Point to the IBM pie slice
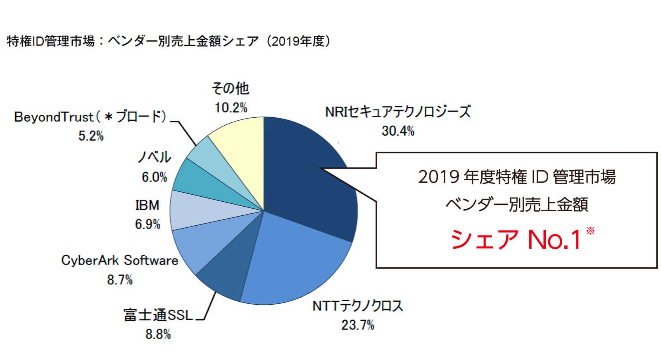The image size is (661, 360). click(194, 211)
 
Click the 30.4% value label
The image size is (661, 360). click(398, 131)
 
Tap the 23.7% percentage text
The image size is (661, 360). click(358, 325)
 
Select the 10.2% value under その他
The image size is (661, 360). click(231, 108)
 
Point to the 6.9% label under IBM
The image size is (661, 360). click(147, 224)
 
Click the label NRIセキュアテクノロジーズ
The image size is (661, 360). click(398, 112)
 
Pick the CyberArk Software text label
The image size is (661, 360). click(120, 260)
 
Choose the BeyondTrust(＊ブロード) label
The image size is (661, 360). click(90, 117)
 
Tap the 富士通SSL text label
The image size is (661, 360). click(158, 315)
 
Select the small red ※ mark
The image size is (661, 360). click(590, 231)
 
